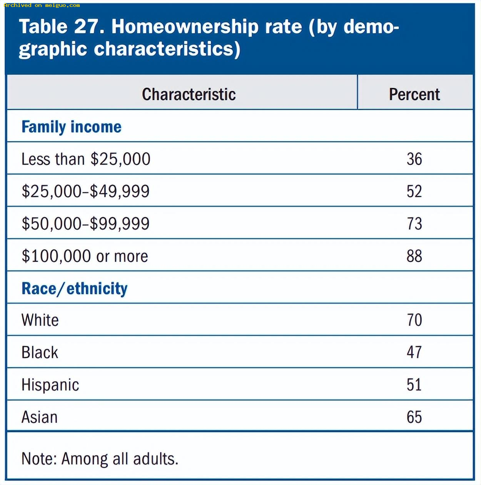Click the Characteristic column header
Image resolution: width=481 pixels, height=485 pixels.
pos(189,94)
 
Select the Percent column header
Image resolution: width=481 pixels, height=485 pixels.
pos(414,94)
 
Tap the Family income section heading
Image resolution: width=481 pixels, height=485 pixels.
pos(72,127)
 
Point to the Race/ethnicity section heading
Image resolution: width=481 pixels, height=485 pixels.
pos(75,288)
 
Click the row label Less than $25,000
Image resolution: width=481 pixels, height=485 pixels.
pos(86,159)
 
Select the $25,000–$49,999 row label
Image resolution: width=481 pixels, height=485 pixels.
pos(85,192)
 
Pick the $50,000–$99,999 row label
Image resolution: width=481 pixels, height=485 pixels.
pos(85,224)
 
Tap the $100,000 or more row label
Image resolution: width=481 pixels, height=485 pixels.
pos(85,256)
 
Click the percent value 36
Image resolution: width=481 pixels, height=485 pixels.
pos(414,159)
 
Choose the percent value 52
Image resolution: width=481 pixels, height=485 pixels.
pos(414,191)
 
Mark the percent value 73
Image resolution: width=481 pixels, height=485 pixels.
pos(414,224)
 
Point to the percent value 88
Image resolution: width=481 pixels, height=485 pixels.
pos(414,256)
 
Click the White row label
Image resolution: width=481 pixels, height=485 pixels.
pos(40,320)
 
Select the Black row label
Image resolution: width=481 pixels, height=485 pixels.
pos(40,352)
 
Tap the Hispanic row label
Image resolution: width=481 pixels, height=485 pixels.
pos(50,385)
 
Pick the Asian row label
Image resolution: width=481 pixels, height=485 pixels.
pos(40,417)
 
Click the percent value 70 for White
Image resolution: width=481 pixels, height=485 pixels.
pos(414,320)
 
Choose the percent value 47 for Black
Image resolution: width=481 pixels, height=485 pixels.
pos(414,352)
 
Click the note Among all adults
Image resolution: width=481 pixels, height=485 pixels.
pos(120,459)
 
